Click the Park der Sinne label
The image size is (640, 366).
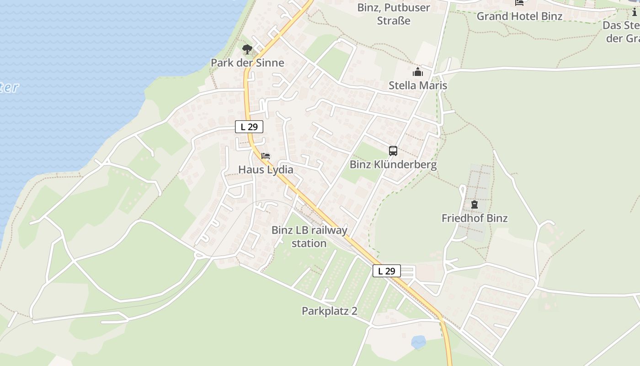point(247,63)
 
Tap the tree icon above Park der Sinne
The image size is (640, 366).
point(247,49)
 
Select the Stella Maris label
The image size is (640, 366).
point(418,86)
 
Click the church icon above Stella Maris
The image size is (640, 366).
point(418,72)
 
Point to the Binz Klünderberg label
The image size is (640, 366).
point(393,165)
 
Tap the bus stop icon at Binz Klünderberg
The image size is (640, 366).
point(393,151)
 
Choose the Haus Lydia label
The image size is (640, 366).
point(266,170)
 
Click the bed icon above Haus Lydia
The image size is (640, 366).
point(266,156)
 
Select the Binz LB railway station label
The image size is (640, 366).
point(309,237)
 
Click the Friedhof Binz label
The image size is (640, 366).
point(475,218)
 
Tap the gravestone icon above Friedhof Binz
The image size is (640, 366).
point(474,205)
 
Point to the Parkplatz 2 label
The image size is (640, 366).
point(329,311)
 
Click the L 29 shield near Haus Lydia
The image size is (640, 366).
point(249,127)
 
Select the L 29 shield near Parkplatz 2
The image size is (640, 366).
point(387,271)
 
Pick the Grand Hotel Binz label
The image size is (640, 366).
point(519,16)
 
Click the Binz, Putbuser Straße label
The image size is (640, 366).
point(394,14)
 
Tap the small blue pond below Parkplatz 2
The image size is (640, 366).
point(418,342)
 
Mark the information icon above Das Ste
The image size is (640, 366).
point(635,12)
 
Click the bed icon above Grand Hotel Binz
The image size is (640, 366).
point(519,3)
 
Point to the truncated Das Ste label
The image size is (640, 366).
point(622,32)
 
